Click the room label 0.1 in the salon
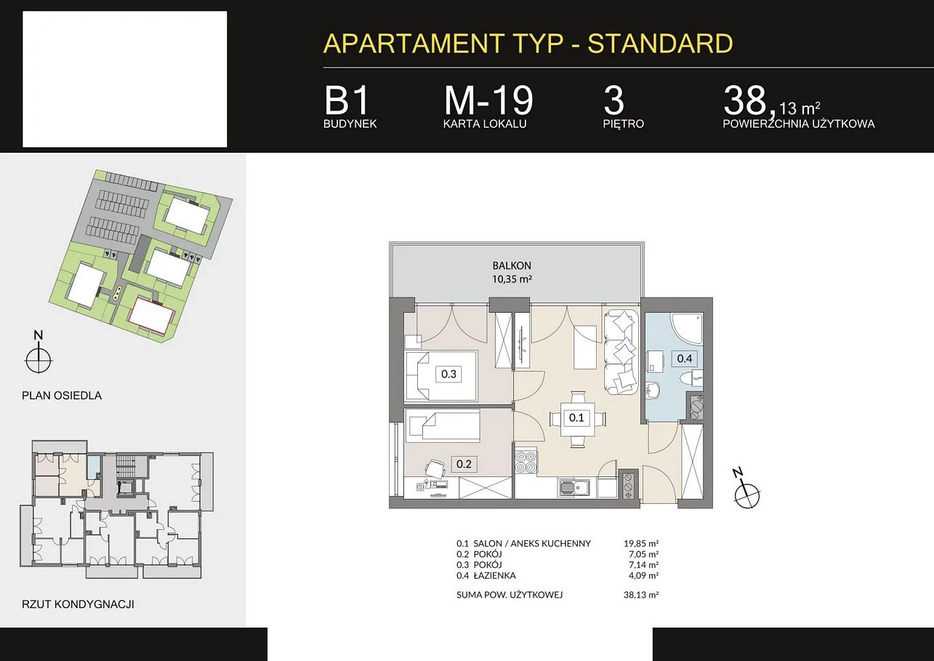coord(576,417)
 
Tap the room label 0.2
coord(464,464)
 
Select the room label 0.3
coord(448,374)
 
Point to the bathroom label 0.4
coord(684,358)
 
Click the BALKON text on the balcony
coord(512,265)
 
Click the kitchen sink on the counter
coord(574,487)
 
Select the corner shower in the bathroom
coord(687,329)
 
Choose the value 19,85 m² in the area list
coord(641,543)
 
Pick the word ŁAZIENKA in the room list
coord(494,575)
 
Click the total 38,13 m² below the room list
coord(641,595)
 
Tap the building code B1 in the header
coord(347,100)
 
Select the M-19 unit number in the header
coord(488,100)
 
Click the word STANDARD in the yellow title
coord(660,44)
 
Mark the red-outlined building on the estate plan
coord(150,316)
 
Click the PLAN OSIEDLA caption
coord(62,396)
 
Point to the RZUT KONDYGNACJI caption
coord(78,604)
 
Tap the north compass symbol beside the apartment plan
coord(746,492)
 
